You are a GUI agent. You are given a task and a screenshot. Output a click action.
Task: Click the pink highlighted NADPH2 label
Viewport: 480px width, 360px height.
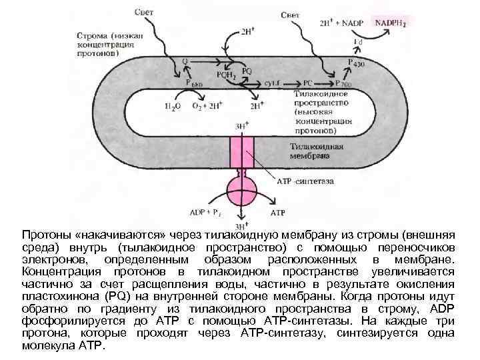(x=391, y=23)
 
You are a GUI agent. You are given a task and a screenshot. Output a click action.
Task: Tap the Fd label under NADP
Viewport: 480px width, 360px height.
(x=358, y=41)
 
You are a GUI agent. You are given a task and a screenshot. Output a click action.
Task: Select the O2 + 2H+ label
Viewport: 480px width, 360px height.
(x=207, y=105)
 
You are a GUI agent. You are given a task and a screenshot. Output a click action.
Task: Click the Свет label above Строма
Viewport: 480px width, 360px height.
(x=146, y=12)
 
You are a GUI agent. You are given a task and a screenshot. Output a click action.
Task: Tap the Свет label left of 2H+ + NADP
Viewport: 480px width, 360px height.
(x=293, y=14)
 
